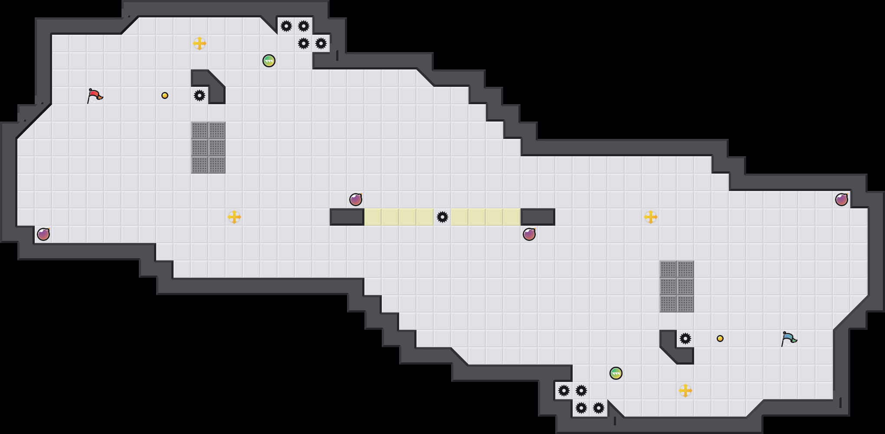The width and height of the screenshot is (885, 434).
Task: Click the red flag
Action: pyautogui.click(x=94, y=95)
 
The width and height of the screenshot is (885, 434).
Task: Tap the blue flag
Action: pyautogui.click(x=788, y=338)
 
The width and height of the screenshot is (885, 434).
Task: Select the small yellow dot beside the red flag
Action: pyautogui.click(x=165, y=95)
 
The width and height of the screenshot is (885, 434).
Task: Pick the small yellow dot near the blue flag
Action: pyautogui.click(x=720, y=339)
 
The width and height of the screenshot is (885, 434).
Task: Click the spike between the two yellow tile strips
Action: pyautogui.click(x=442, y=217)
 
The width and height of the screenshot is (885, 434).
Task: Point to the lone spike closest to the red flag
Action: pyautogui.click(x=200, y=95)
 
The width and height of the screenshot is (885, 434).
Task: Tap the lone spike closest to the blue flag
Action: pyautogui.click(x=685, y=339)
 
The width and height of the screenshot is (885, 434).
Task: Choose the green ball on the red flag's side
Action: pyautogui.click(x=269, y=61)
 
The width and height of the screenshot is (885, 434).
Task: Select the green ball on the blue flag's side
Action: pyautogui.click(x=616, y=373)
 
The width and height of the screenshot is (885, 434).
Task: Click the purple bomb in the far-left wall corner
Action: pyautogui.click(x=43, y=234)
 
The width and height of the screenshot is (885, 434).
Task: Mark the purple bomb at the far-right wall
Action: pyautogui.click(x=842, y=200)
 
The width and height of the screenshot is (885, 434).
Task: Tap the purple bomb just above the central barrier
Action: pyautogui.click(x=356, y=200)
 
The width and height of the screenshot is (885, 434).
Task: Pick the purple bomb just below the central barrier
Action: pyautogui.click(x=529, y=234)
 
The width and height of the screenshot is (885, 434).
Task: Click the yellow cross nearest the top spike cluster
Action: pyautogui.click(x=200, y=43)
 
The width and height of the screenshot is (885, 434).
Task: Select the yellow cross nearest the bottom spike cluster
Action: pyautogui.click(x=685, y=391)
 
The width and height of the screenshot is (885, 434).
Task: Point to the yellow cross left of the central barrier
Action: pyautogui.click(x=234, y=217)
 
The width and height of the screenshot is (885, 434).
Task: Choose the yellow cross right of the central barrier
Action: pyautogui.click(x=651, y=217)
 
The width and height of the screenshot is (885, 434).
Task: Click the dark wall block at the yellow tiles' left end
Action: pyautogui.click(x=347, y=217)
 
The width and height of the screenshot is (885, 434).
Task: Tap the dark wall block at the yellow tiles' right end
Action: pyautogui.click(x=538, y=217)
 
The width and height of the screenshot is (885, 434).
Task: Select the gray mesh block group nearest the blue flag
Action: pyautogui.click(x=677, y=286)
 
